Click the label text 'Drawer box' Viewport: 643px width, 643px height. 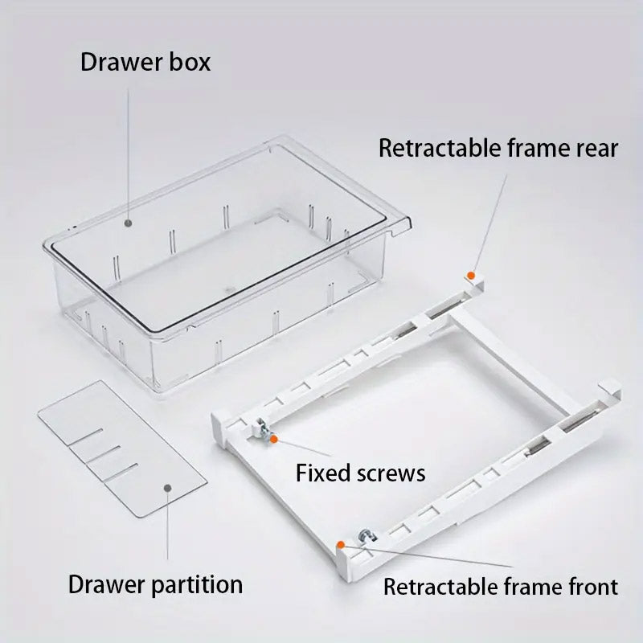(x=145, y=62)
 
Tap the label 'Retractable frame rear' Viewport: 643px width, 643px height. (x=498, y=148)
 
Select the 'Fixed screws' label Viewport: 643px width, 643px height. (x=360, y=473)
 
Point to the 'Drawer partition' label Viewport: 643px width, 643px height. (x=155, y=584)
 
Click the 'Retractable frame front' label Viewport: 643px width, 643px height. (x=501, y=587)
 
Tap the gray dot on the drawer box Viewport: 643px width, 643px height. (x=129, y=223)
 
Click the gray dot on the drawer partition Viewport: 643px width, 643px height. (x=167, y=488)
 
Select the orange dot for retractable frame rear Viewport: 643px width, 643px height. (x=472, y=275)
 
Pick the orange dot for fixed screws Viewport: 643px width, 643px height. (x=274, y=439)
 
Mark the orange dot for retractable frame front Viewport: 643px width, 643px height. (x=340, y=545)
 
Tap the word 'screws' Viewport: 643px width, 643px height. (x=391, y=473)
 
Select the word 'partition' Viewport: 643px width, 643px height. (x=197, y=585)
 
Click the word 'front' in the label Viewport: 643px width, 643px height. (x=593, y=587)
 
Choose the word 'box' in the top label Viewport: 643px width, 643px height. (x=190, y=62)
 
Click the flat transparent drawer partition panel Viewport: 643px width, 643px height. (x=122, y=448)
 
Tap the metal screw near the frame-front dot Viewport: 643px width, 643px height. (x=367, y=536)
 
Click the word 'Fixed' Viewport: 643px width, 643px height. (x=324, y=473)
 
